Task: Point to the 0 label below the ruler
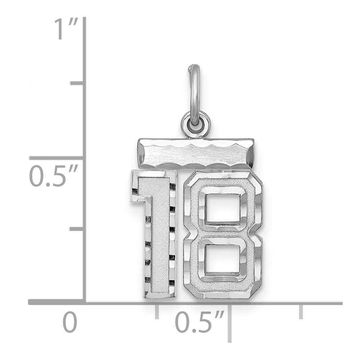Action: (x=71, y=322)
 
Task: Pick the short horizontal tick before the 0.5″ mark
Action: (x=157, y=310)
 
